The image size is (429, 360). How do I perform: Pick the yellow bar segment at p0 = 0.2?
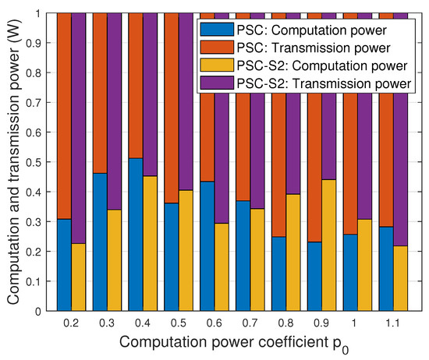point(79,277)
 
